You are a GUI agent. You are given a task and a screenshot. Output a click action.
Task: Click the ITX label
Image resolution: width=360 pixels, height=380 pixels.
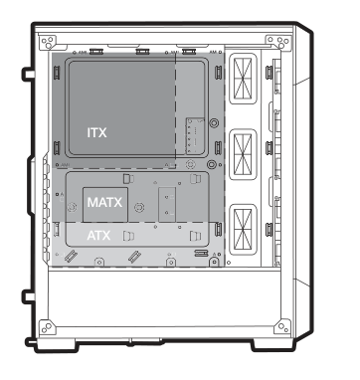[x=97, y=130]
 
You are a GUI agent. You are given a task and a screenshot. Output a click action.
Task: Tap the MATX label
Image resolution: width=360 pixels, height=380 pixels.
[x=104, y=202]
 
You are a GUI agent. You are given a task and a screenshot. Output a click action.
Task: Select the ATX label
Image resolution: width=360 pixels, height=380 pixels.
[x=98, y=237]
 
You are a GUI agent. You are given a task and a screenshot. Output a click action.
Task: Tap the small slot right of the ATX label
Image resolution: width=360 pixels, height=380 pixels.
[x=127, y=237]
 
